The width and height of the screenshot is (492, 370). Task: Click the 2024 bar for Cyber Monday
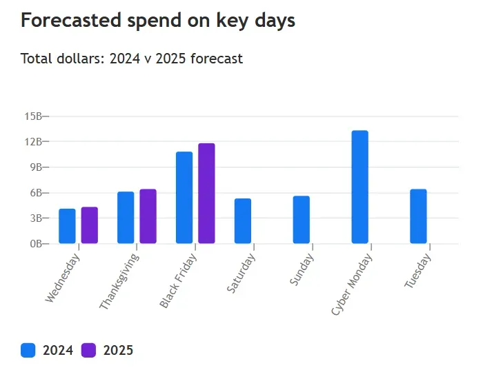[360, 187]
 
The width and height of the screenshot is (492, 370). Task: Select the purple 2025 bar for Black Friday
[206, 194]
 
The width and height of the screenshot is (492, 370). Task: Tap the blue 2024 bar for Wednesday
[67, 226]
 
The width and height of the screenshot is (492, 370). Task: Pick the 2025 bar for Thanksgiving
[148, 216]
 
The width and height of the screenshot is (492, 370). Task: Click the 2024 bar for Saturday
[243, 221]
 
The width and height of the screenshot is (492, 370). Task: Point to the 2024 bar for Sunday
[301, 220]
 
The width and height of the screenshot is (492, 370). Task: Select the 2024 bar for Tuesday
[418, 216]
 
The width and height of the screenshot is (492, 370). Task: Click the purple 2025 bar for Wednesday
[89, 225]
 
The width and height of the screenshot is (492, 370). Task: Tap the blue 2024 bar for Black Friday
[184, 198]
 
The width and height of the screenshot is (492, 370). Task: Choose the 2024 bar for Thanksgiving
[126, 218]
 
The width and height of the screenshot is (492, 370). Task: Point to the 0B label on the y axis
[36, 244]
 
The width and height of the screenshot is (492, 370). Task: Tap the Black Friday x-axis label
[179, 280]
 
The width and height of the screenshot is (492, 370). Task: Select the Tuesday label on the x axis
[418, 271]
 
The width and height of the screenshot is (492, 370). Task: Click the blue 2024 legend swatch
[28, 350]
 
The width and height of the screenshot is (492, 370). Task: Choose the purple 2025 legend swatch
[89, 350]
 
